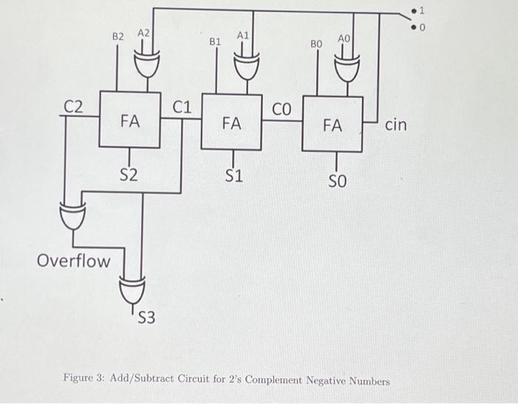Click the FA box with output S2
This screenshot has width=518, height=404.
click(130, 121)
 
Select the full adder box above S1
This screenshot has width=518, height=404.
click(232, 123)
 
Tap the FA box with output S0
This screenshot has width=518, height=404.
click(332, 126)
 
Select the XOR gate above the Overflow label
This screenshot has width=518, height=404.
click(73, 217)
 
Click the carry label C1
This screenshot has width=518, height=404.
click(182, 108)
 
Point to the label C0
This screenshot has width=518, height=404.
click(283, 111)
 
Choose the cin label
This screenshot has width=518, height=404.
click(396, 125)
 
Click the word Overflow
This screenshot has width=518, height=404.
click(73, 260)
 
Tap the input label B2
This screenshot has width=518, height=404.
click(118, 36)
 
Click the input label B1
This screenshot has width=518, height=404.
click(215, 42)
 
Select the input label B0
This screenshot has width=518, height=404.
click(316, 44)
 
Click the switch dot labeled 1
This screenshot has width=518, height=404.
click(414, 12)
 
